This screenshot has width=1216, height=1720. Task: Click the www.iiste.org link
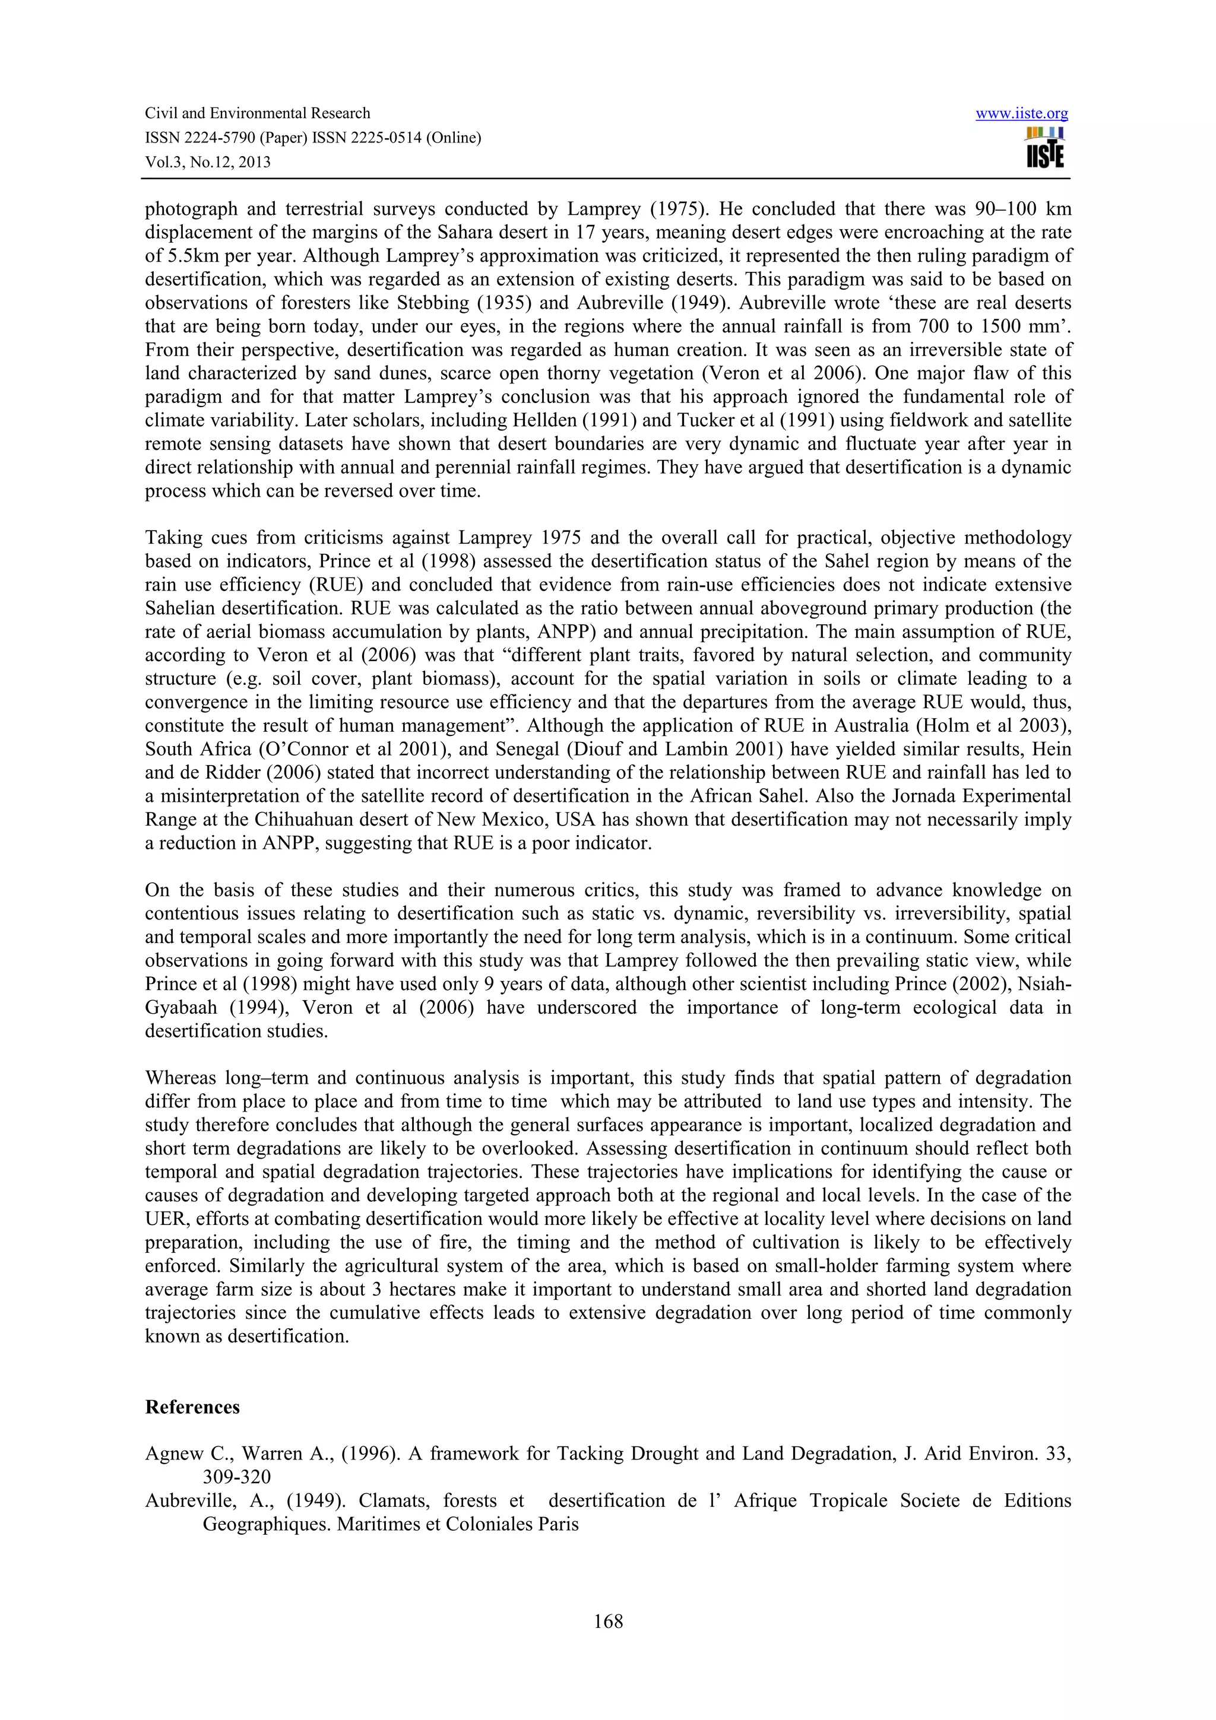(1021, 114)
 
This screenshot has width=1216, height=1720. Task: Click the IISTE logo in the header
(1044, 148)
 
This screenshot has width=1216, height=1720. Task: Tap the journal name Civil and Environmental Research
(257, 113)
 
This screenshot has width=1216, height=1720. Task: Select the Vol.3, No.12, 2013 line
(208, 162)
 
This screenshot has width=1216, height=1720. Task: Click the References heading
(192, 1407)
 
